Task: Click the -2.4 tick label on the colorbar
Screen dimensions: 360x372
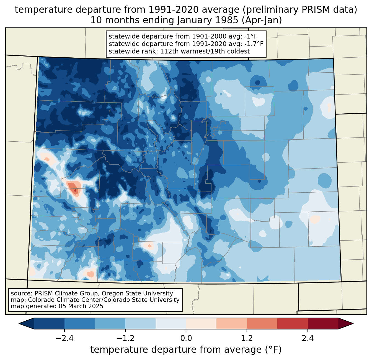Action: click(64, 338)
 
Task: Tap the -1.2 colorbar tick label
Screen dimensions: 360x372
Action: click(125, 338)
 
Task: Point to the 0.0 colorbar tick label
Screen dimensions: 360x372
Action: click(186, 338)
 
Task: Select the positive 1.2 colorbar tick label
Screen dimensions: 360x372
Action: click(247, 338)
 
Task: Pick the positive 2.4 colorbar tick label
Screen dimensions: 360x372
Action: click(308, 338)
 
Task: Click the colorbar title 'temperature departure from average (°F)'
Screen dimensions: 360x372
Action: click(186, 349)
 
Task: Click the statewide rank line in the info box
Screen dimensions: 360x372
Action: click(179, 51)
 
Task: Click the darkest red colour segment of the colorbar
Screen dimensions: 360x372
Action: click(323, 323)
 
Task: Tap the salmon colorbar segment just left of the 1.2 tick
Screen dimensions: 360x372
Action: click(231, 323)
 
